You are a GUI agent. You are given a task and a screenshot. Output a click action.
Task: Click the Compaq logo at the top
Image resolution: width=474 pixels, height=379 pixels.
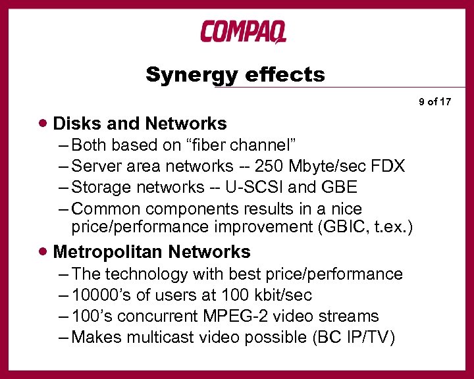click(243, 31)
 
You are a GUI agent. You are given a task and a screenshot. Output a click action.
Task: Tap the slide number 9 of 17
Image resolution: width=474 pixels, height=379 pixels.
click(434, 101)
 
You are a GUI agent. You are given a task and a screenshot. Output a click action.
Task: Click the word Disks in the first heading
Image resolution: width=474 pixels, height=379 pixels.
click(74, 124)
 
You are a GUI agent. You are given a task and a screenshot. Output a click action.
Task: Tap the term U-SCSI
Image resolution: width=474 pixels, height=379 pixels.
click(253, 187)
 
